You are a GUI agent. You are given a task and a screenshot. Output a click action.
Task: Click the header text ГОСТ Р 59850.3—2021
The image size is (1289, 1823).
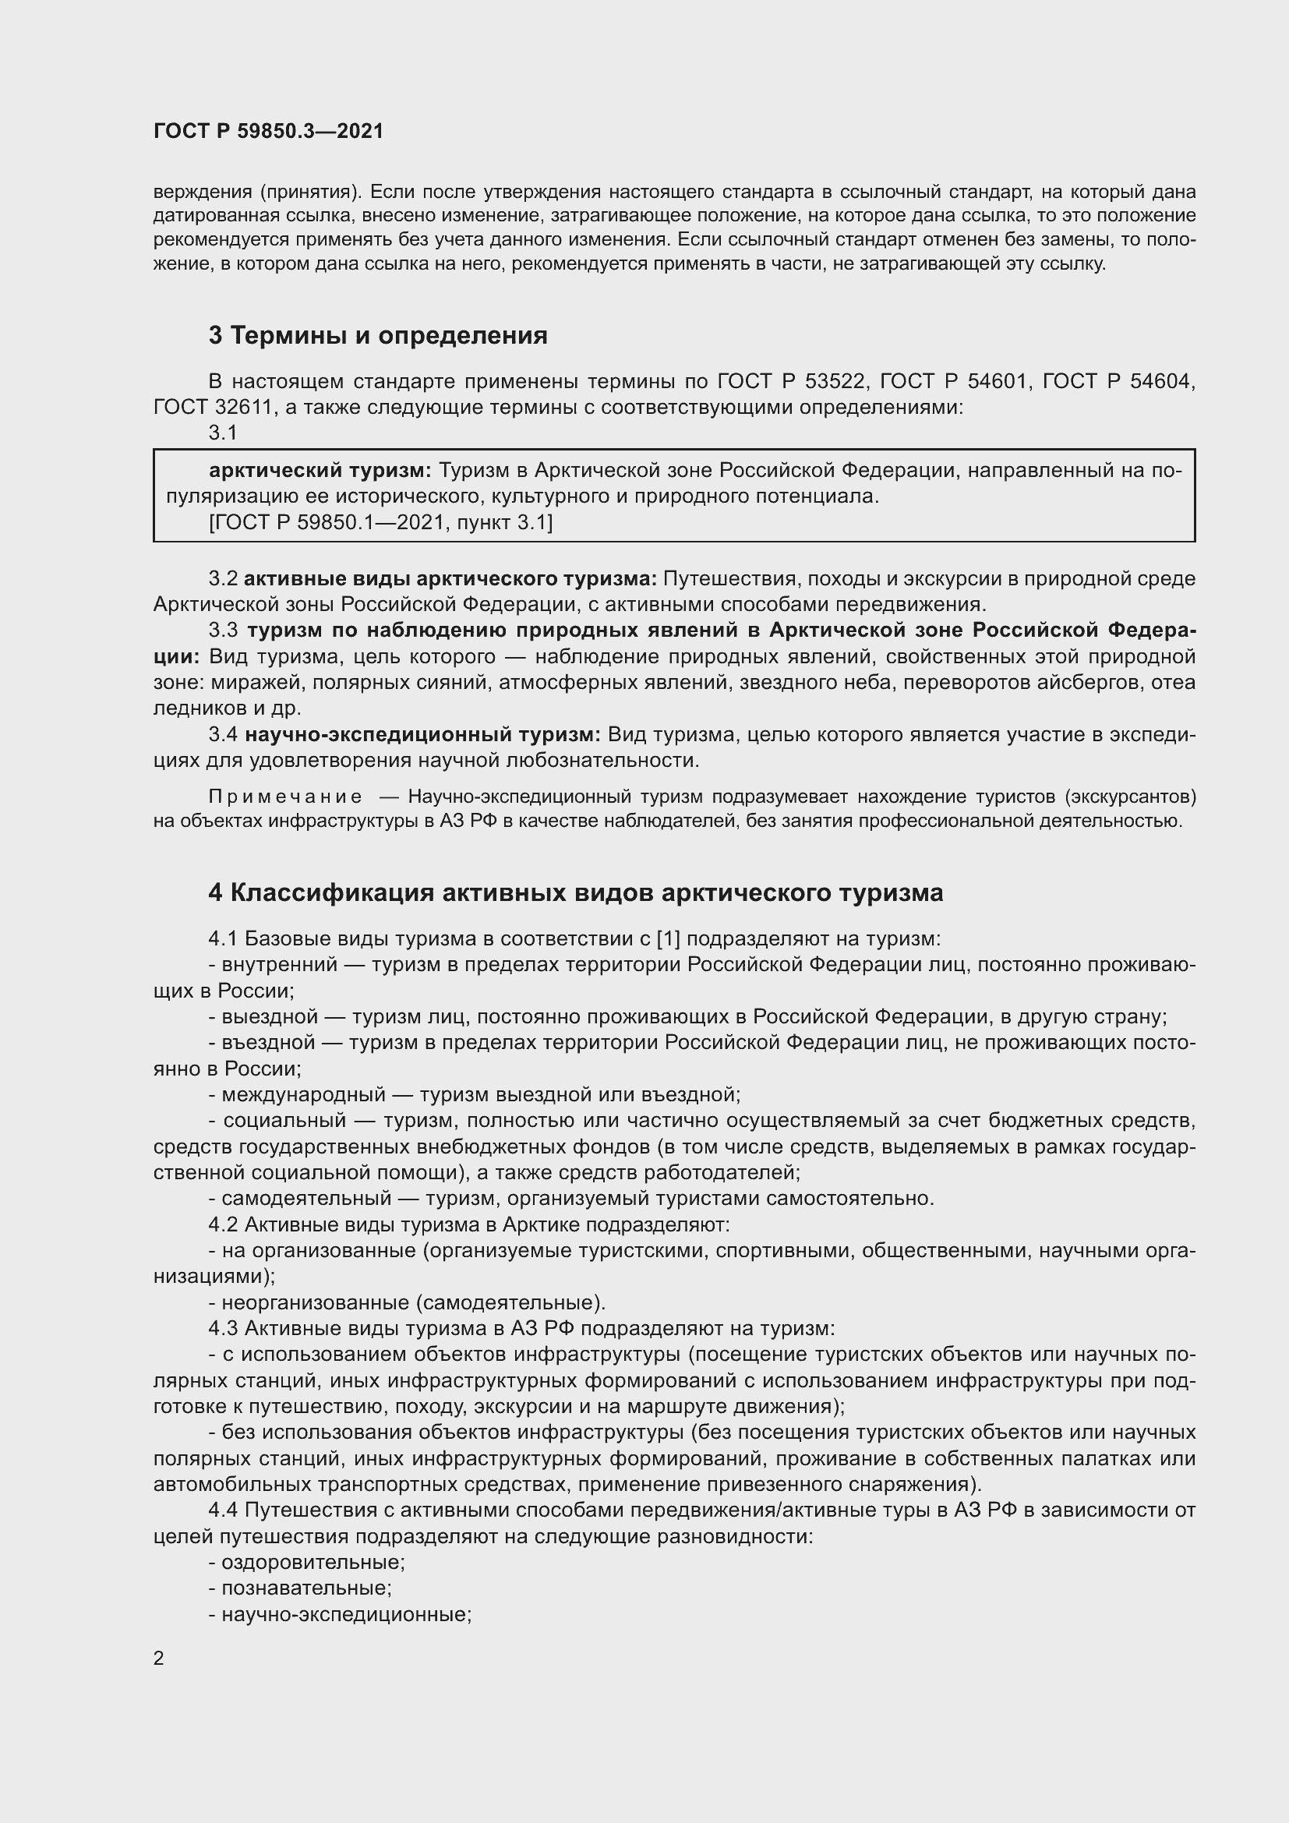[268, 131]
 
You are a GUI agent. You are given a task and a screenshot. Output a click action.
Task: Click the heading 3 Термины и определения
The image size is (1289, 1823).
[378, 336]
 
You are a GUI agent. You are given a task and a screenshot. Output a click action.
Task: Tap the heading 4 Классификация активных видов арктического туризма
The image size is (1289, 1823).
[575, 893]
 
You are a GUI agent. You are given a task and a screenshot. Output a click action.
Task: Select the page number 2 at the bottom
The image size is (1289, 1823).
[159, 1658]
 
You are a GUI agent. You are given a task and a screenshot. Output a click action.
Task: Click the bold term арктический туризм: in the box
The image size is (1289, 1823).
[320, 471]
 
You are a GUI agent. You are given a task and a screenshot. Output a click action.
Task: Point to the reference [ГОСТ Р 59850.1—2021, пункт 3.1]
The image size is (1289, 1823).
[381, 522]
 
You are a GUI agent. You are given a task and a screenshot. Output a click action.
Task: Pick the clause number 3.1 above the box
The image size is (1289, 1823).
[223, 433]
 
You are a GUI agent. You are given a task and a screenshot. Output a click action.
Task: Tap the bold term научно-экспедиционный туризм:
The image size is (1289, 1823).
[422, 734]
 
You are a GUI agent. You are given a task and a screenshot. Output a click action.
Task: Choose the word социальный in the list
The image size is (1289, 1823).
[284, 1121]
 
